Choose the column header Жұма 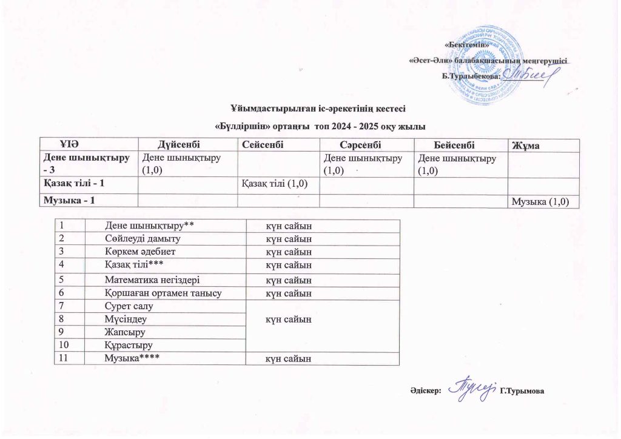(526, 145)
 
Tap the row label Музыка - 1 (67, 201)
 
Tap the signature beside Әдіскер (472, 388)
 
